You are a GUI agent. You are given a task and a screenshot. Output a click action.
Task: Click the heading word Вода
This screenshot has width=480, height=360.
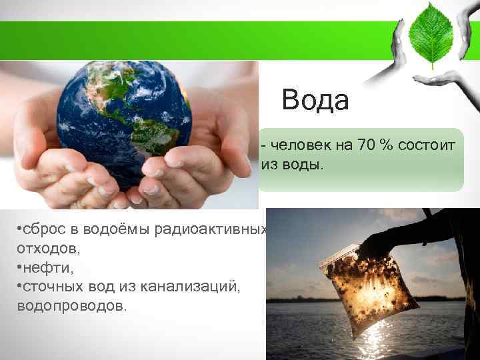coord(315,101)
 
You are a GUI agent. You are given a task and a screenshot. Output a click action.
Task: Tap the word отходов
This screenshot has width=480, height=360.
coord(41,248)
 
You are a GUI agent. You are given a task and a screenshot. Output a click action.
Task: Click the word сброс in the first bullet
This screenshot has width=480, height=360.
coord(43,229)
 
